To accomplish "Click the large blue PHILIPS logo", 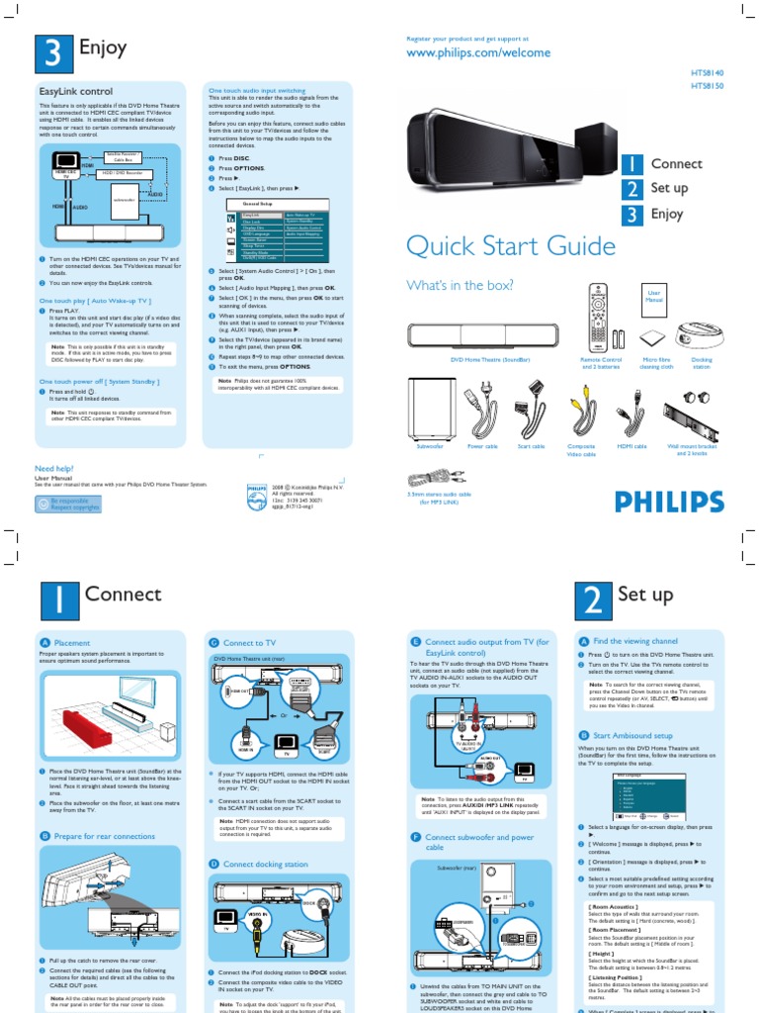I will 669,502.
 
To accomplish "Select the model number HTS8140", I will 707,73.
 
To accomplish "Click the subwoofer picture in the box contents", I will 432,408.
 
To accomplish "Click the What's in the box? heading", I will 460,286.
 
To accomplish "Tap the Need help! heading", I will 55,468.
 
